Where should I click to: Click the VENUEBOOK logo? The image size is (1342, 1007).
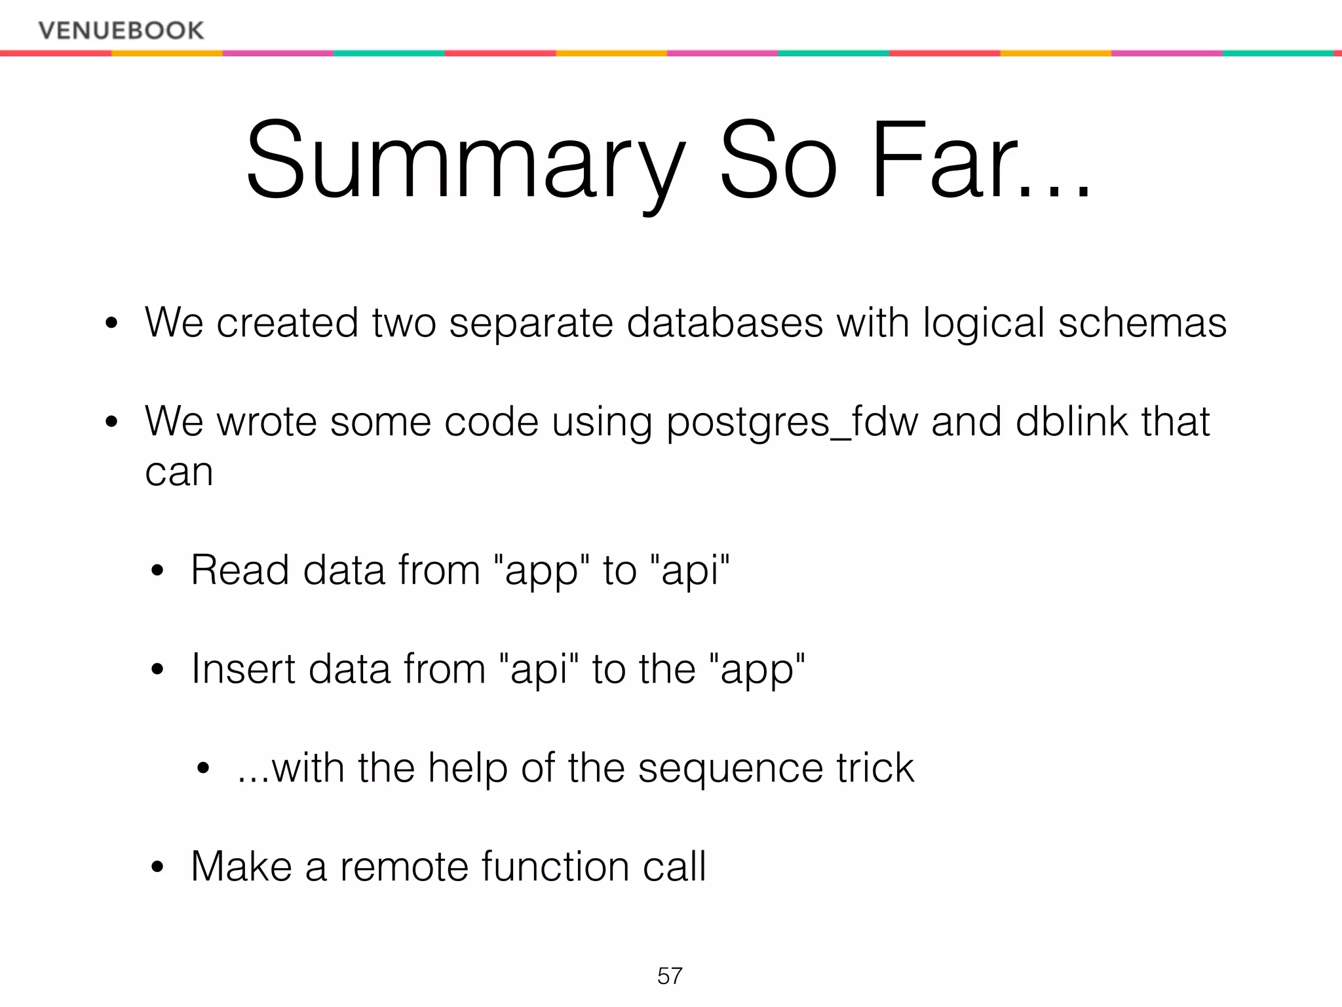(121, 30)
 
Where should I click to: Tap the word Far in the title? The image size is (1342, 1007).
(957, 161)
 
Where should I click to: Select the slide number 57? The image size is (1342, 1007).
(670, 976)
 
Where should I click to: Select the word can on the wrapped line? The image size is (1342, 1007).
(179, 472)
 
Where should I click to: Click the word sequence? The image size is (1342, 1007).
(730, 769)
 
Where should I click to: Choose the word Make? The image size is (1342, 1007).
(241, 867)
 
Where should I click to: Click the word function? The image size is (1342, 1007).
(555, 867)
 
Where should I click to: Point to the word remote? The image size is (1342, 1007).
(404, 867)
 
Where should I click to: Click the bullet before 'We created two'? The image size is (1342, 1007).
(111, 323)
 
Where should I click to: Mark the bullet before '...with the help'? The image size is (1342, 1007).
(204, 768)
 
